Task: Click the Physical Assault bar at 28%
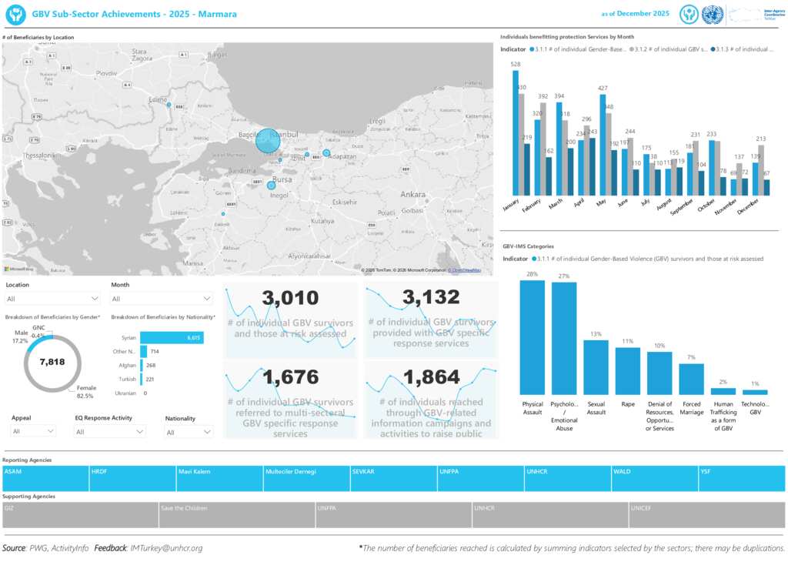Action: [532, 337]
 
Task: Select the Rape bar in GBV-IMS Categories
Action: [628, 370]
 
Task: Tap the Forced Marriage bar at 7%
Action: [691, 379]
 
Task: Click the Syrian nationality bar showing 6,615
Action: [172, 337]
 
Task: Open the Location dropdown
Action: [52, 299]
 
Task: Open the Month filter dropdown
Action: [162, 299]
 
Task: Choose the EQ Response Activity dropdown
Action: [109, 432]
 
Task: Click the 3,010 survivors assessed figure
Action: [290, 298]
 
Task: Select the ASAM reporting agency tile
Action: [45, 478]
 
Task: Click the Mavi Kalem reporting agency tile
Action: [219, 478]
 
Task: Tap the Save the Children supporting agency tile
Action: [237, 515]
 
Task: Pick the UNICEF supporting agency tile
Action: [707, 515]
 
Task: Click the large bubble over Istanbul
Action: [268, 141]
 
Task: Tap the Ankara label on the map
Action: [412, 194]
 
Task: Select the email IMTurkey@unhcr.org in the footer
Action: [167, 548]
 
